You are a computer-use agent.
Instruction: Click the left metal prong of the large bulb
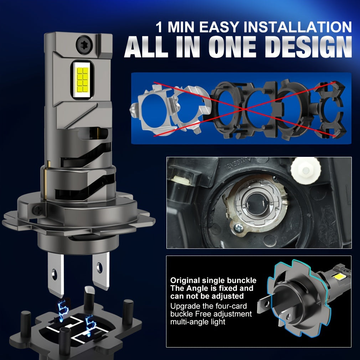tap(55, 274)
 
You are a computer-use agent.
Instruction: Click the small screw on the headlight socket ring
tap(237, 227)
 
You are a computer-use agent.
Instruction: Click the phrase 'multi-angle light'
tap(198, 322)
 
